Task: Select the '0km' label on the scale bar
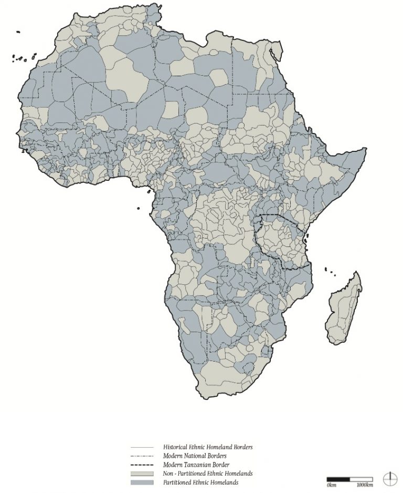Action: click(331, 485)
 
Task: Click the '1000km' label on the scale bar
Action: click(365, 485)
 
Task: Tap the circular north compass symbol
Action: click(390, 479)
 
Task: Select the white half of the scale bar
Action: click(362, 479)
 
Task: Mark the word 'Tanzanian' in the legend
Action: click(201, 465)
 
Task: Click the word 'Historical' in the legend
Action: click(177, 447)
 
